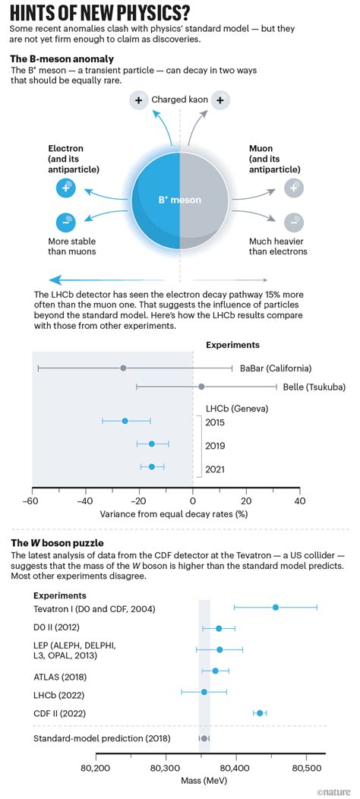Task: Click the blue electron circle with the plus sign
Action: click(x=66, y=188)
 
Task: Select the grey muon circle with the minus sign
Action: click(x=294, y=223)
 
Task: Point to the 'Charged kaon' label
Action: click(x=179, y=99)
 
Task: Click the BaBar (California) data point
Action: click(x=123, y=368)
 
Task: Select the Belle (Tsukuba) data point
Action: click(x=201, y=387)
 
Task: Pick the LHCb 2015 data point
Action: click(x=125, y=421)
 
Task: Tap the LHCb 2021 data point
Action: click(x=152, y=467)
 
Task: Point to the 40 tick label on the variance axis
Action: click(x=299, y=501)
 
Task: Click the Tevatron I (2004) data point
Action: click(x=275, y=607)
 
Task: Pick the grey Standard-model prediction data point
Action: click(x=204, y=738)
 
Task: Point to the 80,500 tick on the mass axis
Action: click(x=306, y=767)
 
